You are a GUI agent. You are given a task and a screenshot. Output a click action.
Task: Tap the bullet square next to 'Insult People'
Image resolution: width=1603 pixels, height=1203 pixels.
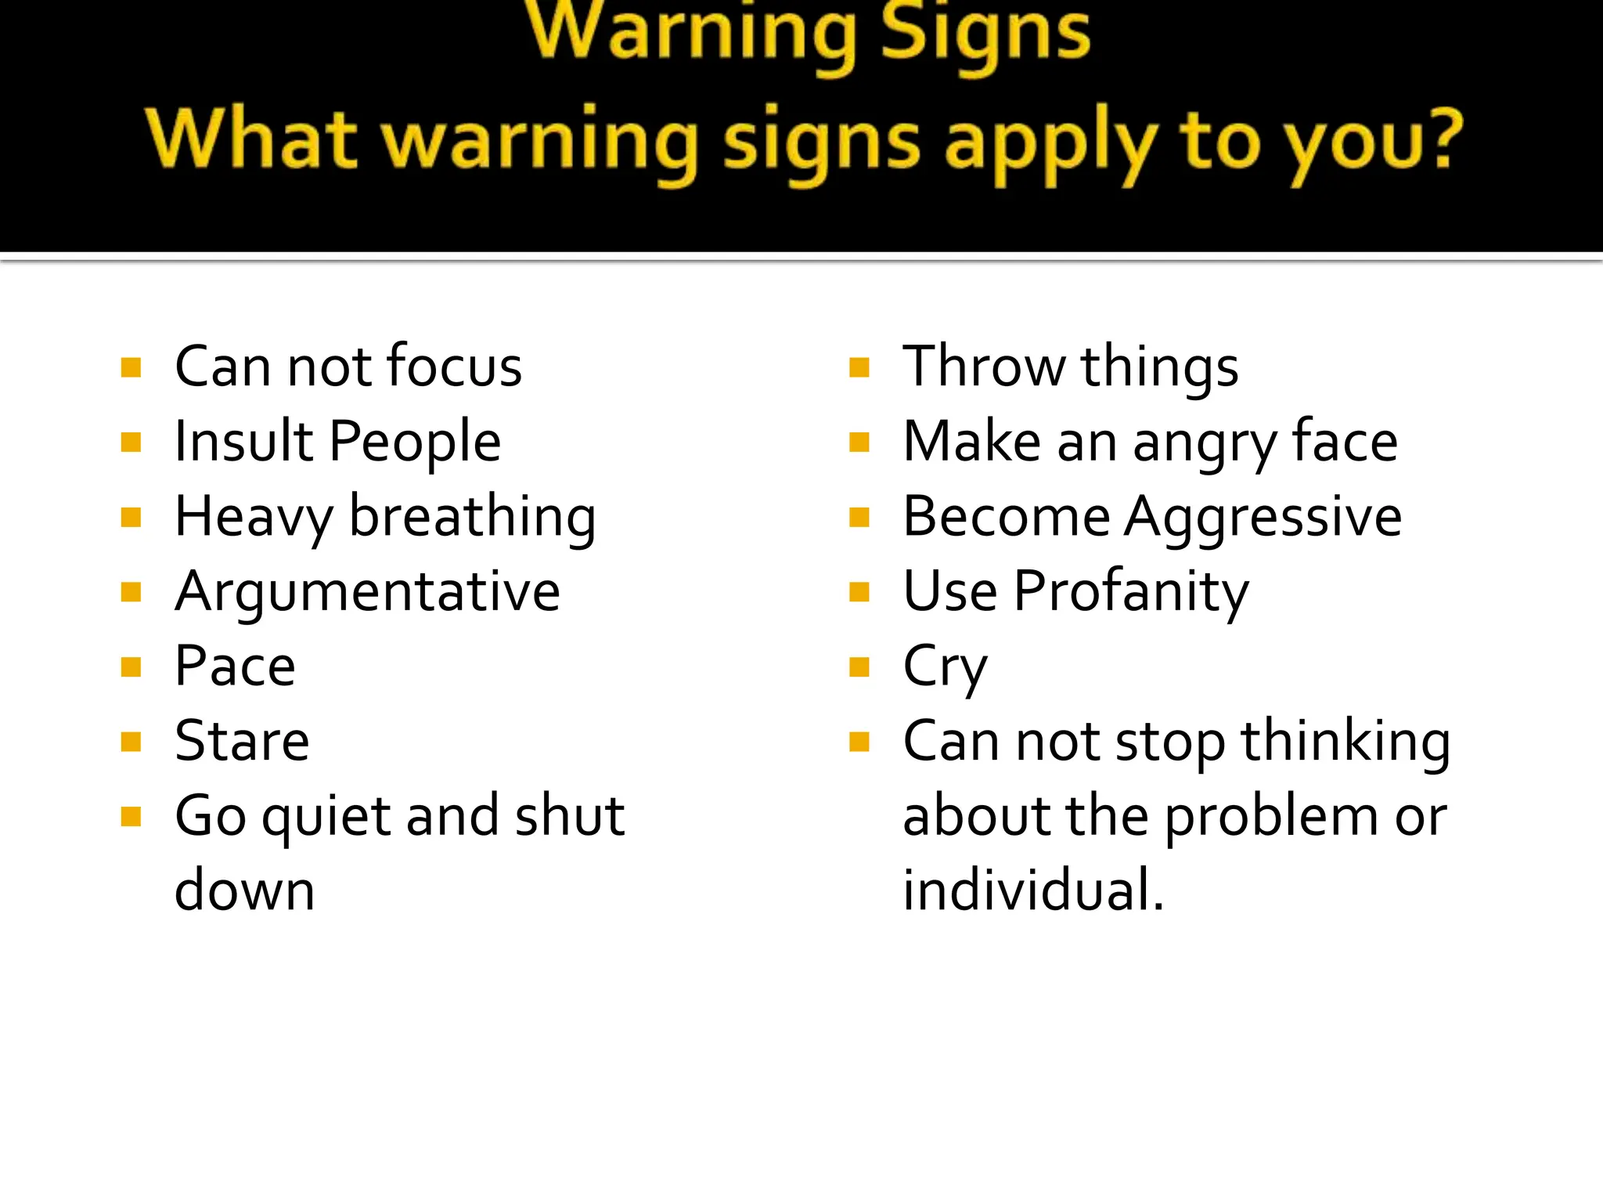click(x=131, y=443)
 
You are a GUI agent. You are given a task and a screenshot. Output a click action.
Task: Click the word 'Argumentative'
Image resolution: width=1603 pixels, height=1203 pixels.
click(x=367, y=591)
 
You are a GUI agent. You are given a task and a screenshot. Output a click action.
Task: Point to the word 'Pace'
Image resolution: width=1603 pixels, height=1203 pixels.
click(x=235, y=667)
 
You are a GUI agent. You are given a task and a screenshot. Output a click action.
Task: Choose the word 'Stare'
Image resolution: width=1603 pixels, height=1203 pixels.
click(x=242, y=741)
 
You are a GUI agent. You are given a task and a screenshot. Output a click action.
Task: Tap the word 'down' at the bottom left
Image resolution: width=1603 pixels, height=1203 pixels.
click(x=244, y=891)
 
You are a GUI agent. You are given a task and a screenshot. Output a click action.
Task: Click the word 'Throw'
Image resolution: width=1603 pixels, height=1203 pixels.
click(x=983, y=367)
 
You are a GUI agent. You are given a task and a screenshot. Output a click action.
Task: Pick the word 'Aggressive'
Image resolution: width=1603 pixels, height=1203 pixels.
click(x=1263, y=518)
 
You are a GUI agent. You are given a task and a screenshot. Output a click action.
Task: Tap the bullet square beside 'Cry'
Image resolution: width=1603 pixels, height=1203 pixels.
click(x=859, y=667)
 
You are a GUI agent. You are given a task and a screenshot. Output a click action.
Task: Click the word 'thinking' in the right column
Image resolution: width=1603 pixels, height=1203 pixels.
click(x=1345, y=742)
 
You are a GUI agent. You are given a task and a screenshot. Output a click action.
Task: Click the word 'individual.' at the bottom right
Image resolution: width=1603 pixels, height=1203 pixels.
click(x=1033, y=891)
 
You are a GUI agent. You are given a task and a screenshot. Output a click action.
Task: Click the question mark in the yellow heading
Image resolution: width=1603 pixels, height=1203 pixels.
click(x=1438, y=138)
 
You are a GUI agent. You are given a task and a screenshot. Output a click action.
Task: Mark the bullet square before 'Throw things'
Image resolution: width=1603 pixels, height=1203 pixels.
click(x=859, y=367)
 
